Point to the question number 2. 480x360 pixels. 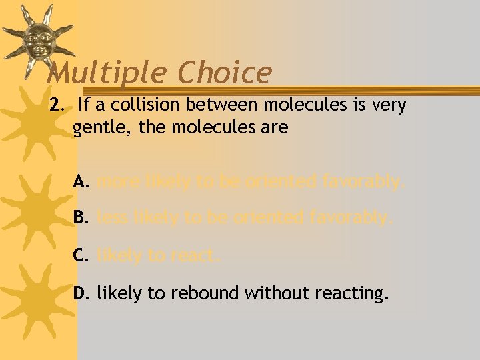coord(55,105)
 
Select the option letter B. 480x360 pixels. coord(81,217)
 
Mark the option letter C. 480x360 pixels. coord(81,255)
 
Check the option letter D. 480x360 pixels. coord(82,293)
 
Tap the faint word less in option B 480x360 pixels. coord(111,217)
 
